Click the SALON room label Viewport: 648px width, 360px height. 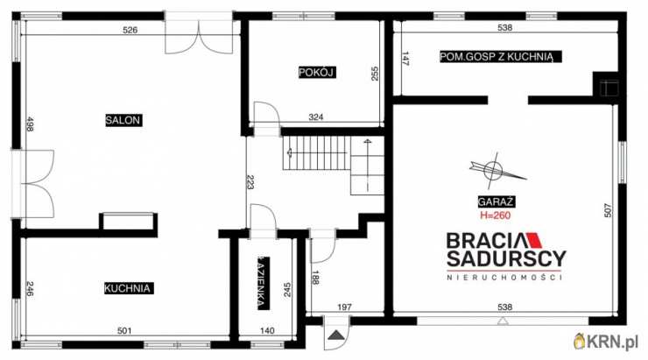[123, 120]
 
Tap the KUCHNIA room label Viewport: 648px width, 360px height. [128, 288]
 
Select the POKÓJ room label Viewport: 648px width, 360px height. [317, 73]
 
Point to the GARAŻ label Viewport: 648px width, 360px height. [496, 201]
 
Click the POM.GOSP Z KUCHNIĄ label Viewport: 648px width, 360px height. [501, 57]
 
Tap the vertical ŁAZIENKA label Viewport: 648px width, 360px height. [263, 284]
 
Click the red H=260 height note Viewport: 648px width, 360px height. [495, 215]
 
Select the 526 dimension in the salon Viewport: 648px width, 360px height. [130, 30]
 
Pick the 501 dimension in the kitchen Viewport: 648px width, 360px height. [124, 330]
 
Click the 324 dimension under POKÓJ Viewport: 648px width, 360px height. [316, 117]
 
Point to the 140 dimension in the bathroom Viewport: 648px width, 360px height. [267, 330]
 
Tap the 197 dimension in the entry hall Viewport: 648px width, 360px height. [344, 307]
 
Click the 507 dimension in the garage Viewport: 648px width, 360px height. [607, 210]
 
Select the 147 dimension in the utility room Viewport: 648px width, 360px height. [405, 59]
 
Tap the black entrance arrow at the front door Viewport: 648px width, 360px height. [336, 335]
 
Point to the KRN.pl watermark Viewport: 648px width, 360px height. [606, 342]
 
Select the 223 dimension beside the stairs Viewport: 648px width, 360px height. [250, 182]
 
